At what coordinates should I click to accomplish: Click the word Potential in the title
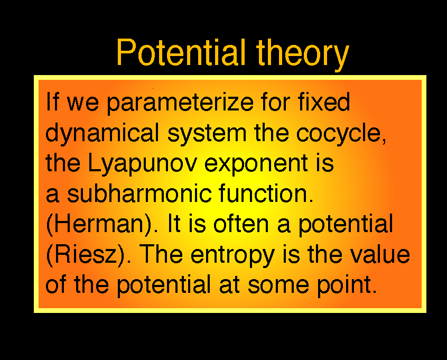point(181,53)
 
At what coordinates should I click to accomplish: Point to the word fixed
point(324,102)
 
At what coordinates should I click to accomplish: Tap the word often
point(241,224)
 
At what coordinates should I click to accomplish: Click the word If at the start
point(53,102)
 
